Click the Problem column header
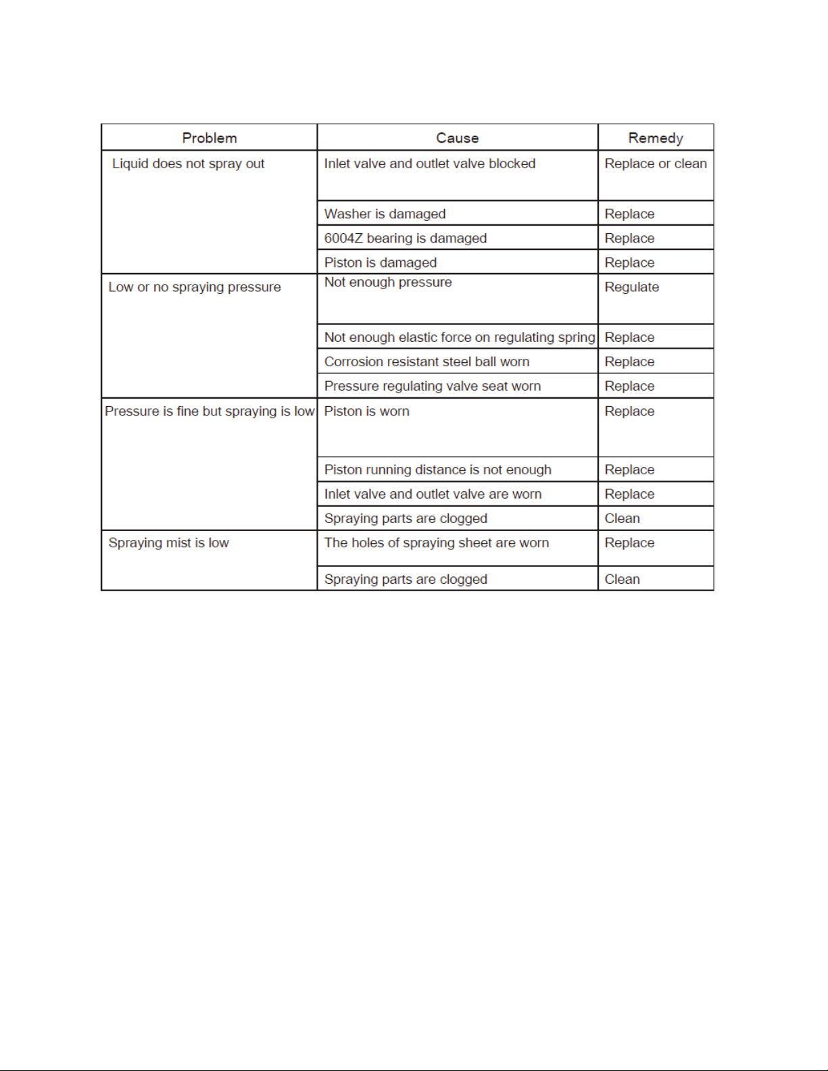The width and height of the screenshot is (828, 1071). (210, 138)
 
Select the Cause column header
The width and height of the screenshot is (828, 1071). (457, 138)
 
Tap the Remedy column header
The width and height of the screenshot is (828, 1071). (655, 138)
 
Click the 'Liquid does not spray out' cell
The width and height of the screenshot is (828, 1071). (188, 164)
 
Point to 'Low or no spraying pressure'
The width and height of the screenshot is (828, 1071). (195, 287)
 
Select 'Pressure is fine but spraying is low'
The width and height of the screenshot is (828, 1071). (210, 411)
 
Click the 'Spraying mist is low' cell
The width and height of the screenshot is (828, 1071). (169, 543)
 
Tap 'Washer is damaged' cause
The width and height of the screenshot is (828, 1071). (385, 214)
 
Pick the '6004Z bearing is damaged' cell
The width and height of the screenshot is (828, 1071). (406, 238)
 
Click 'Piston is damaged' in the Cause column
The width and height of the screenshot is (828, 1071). (381, 262)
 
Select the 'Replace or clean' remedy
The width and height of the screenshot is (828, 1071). (656, 164)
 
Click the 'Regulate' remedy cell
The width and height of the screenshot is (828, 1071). (632, 287)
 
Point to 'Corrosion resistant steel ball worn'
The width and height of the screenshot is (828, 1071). (427, 362)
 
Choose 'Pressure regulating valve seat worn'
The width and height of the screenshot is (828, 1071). (433, 386)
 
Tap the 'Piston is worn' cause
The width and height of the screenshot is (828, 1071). (367, 411)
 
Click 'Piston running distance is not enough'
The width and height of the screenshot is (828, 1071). (438, 470)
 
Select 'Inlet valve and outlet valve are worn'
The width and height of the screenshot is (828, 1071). (433, 494)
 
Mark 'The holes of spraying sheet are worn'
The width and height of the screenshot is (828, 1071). (437, 543)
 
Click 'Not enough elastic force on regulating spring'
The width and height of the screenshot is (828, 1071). (460, 337)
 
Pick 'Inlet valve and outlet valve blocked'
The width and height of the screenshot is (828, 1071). (430, 164)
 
